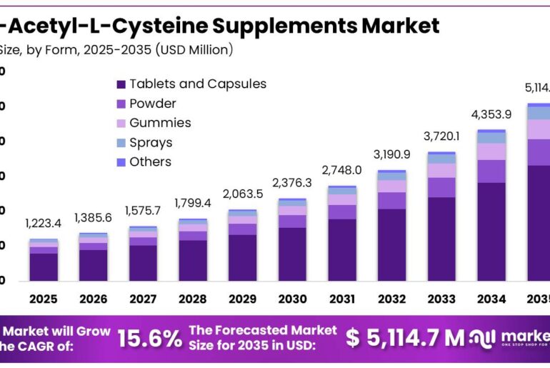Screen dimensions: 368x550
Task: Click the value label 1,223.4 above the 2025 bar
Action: (44, 224)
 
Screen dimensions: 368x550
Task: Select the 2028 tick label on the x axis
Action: (193, 298)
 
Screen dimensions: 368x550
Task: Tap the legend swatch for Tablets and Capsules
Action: (121, 84)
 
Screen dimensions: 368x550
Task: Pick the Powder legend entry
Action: (152, 104)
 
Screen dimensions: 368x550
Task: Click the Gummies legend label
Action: (160, 123)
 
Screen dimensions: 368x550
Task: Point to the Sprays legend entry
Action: (150, 142)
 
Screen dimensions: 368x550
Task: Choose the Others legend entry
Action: (150, 161)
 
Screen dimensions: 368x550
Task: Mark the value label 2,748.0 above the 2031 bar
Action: (342, 170)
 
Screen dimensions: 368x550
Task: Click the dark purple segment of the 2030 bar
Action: (292, 254)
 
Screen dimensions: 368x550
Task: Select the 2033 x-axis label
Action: (441, 298)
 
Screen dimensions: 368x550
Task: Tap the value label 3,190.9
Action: (391, 154)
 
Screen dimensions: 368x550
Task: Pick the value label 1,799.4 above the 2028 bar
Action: (193, 203)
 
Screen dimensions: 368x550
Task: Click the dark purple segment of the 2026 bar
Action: (94, 264)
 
